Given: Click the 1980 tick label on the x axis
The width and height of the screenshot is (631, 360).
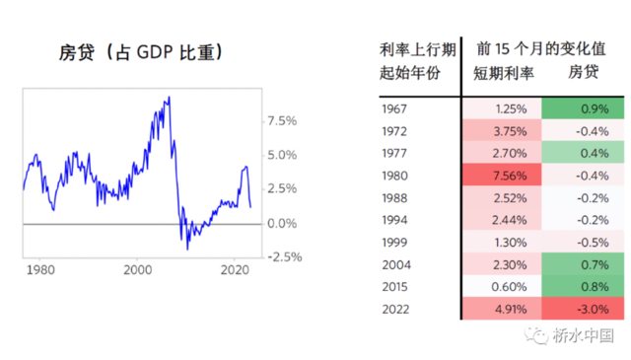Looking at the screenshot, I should (40, 268).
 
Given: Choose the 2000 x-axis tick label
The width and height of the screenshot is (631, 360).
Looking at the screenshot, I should (138, 268).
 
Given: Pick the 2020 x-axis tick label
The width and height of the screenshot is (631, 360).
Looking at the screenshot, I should (235, 268).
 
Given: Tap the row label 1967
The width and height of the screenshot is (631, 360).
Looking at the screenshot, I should (396, 108).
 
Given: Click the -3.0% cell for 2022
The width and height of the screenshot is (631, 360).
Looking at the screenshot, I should (582, 310).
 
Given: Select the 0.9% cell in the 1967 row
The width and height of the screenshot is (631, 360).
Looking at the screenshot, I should (582, 108).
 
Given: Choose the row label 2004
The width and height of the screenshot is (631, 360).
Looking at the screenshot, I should (396, 265).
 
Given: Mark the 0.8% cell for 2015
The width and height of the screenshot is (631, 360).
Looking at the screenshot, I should (582, 287).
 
